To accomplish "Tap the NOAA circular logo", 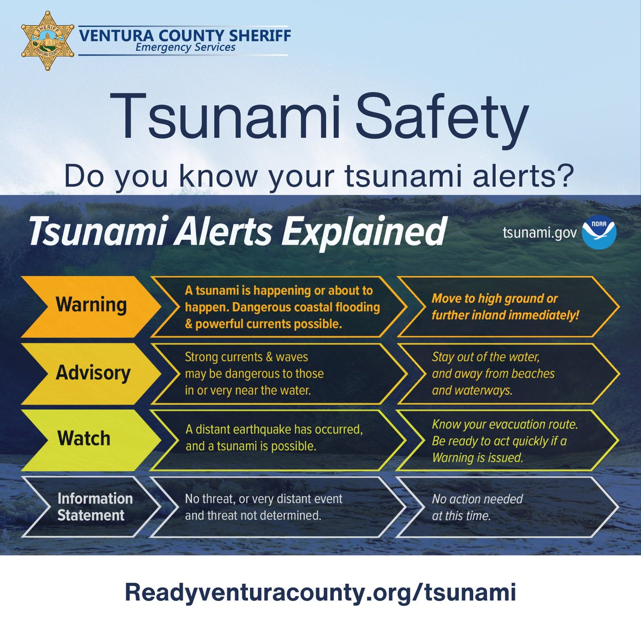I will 599,233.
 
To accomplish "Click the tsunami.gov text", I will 540,233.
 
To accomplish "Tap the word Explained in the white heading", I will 363,232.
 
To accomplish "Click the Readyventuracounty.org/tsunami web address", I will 320,592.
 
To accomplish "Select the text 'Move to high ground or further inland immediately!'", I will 505,307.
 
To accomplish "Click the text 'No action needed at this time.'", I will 477,507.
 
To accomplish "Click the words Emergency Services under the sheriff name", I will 185,47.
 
